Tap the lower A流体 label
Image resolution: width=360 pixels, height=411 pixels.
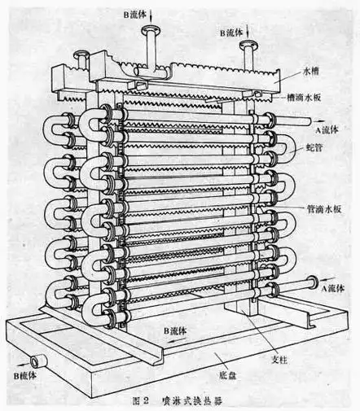(x=336, y=287)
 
